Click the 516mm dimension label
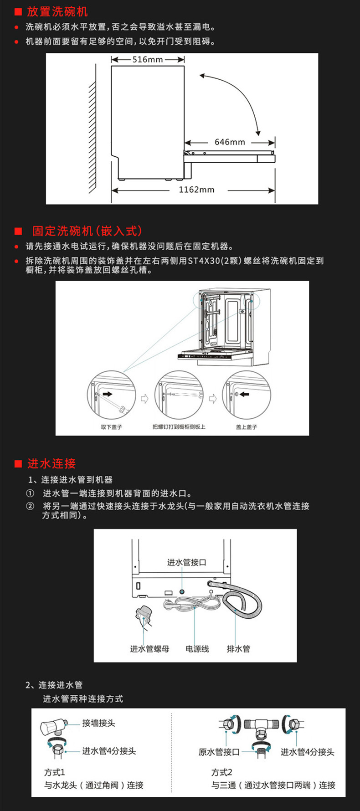click(148, 60)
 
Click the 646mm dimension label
click(230, 142)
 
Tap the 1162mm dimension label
click(196, 190)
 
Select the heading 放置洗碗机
click(57, 11)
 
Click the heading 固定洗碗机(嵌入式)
click(87, 231)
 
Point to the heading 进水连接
click(51, 463)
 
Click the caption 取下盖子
click(111, 427)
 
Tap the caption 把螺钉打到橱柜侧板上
click(179, 427)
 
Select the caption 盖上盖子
click(247, 427)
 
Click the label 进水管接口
click(186, 562)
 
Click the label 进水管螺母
click(149, 649)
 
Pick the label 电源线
click(197, 649)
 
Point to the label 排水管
click(238, 649)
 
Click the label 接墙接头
click(98, 723)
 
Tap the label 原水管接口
click(219, 752)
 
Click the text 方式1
click(54, 772)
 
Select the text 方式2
click(221, 772)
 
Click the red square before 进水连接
click(18, 464)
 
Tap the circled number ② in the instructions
click(30, 506)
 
